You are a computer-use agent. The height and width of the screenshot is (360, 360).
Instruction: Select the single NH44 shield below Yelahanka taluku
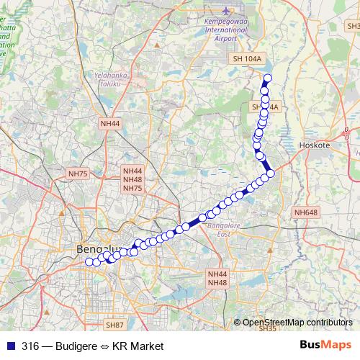(110, 123)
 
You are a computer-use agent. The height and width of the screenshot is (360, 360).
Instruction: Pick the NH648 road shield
(306, 212)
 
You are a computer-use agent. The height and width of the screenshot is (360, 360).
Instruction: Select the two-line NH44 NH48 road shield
(217, 279)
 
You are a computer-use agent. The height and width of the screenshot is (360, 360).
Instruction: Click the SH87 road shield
(115, 325)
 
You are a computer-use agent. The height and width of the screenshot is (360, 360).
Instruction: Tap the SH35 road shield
(267, 328)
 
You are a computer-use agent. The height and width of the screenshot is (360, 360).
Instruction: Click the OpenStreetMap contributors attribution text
(297, 322)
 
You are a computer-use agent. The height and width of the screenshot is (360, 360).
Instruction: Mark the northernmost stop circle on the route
(269, 78)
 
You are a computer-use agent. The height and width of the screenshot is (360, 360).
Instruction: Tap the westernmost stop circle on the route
(89, 262)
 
